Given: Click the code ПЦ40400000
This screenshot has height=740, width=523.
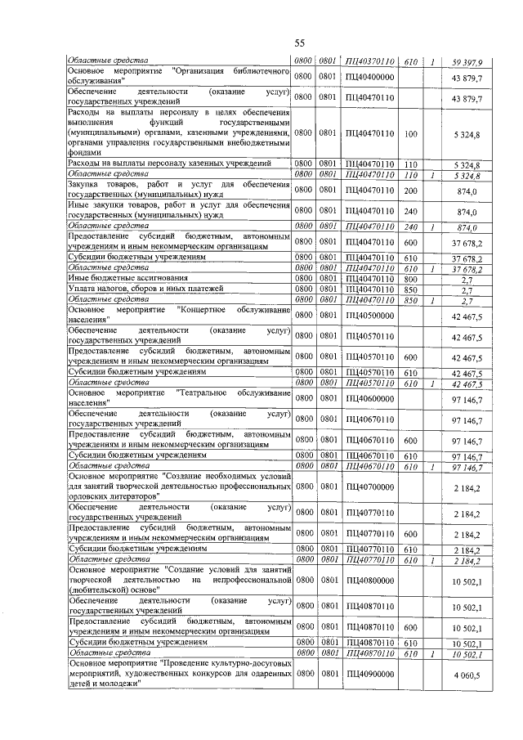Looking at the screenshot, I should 369,77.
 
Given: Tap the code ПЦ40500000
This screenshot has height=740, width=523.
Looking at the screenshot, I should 369,315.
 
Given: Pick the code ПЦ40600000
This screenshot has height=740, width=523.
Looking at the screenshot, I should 369,398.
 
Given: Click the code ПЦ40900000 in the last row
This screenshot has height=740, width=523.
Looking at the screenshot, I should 369,674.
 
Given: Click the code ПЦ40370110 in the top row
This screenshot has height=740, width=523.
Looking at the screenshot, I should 369,62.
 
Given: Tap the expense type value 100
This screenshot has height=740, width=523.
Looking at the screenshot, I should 411,133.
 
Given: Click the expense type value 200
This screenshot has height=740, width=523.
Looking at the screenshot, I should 411,190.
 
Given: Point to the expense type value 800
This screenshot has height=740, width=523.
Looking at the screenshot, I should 411,278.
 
